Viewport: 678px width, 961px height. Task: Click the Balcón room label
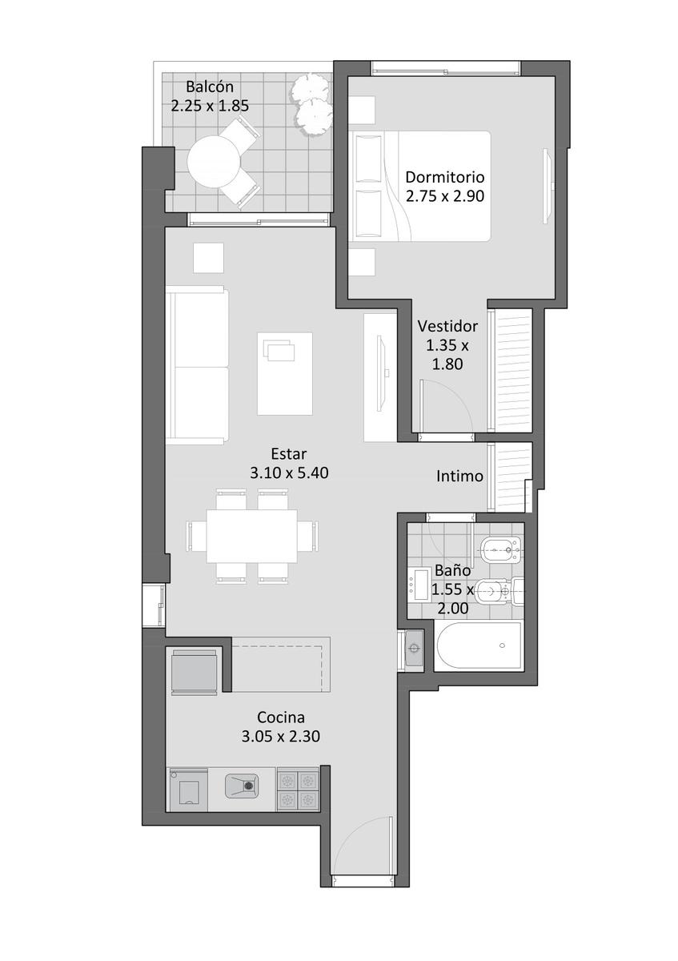(209, 86)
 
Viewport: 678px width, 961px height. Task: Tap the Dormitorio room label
(445, 177)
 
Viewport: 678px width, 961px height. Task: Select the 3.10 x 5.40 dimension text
(289, 472)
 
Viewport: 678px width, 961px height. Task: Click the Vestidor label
(447, 326)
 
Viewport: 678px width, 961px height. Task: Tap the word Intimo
(459, 476)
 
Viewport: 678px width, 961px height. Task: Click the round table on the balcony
(213, 161)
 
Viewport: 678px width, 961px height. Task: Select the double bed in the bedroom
(421, 186)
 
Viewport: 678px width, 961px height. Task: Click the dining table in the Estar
(251, 536)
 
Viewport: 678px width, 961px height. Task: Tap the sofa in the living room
(197, 366)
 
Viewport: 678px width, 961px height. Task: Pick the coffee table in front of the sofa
(285, 374)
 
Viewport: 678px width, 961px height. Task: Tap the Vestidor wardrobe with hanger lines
(513, 370)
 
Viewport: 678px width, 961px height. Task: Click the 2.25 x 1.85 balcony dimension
(210, 106)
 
